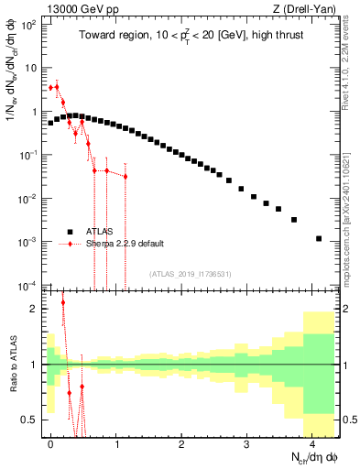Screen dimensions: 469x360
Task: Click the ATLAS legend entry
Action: [102, 231]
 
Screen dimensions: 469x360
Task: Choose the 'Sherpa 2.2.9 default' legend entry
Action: [125, 244]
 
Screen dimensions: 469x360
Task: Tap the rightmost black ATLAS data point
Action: [319, 238]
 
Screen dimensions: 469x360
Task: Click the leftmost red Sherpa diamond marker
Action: [51, 88]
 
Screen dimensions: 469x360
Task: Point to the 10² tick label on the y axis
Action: [29, 25]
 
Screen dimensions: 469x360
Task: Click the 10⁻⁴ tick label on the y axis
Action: [29, 284]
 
